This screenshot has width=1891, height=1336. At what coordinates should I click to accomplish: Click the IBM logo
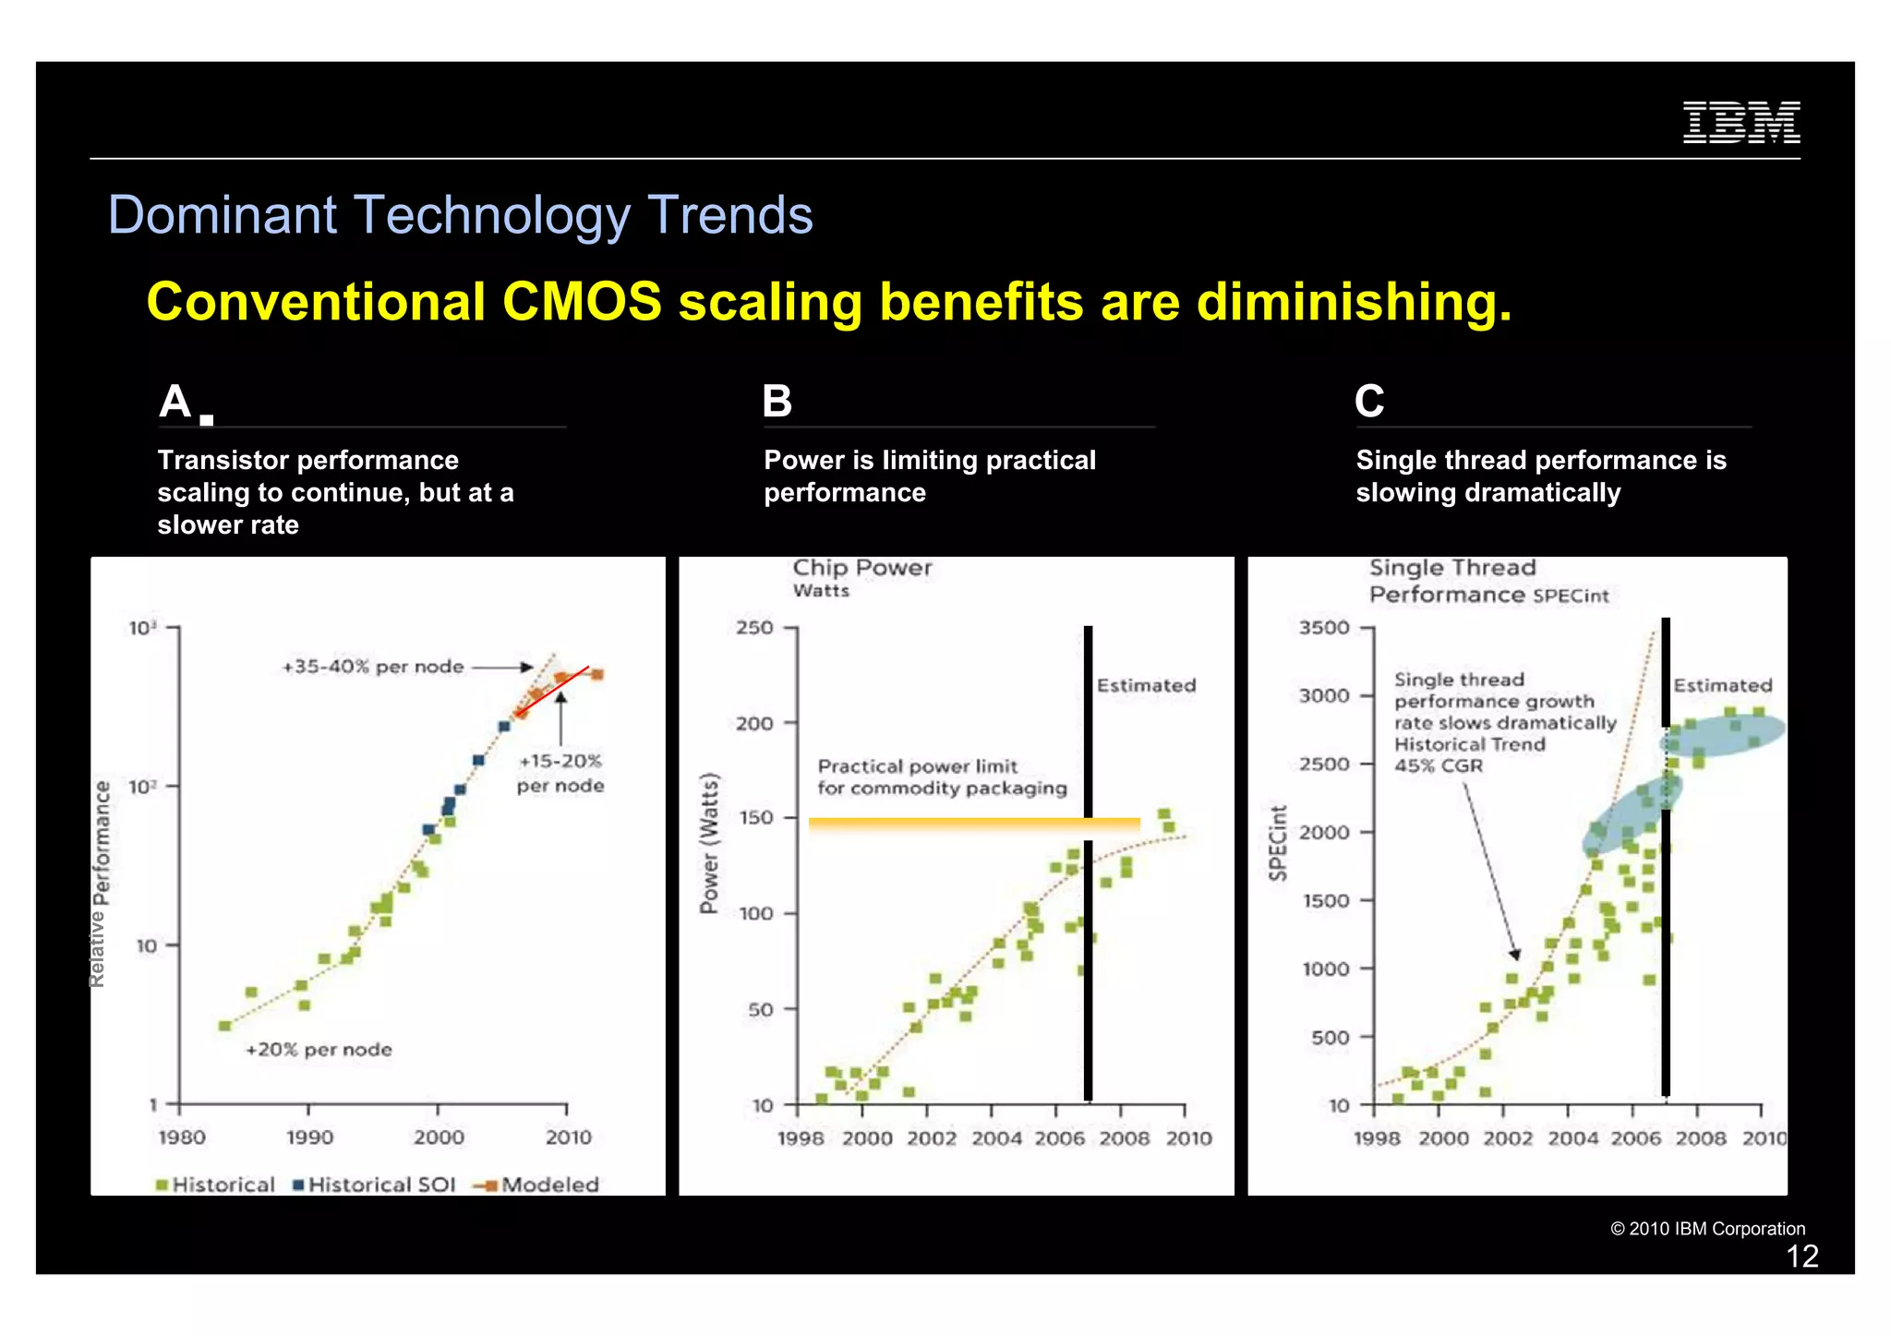tap(1740, 122)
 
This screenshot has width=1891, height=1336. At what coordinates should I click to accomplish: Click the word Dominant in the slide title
tap(223, 215)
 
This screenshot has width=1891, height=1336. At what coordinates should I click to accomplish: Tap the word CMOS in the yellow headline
tap(582, 302)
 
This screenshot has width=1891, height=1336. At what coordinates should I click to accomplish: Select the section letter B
tap(777, 402)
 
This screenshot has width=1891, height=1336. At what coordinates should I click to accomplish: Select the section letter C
tap(1369, 402)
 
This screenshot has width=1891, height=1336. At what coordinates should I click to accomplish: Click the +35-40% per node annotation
tap(373, 667)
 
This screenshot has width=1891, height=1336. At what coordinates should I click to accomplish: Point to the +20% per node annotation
tap(319, 1050)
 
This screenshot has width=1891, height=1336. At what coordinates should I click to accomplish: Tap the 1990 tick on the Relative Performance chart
tap(309, 1137)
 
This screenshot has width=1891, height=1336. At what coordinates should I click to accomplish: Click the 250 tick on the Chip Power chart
tap(754, 628)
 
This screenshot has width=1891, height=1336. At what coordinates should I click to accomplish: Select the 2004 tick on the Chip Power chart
tap(995, 1138)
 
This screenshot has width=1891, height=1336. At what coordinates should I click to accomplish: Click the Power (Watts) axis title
tap(709, 843)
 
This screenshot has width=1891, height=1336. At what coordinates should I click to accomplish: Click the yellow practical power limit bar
tap(973, 824)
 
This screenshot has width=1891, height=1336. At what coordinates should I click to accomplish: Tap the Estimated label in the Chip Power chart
tap(1146, 685)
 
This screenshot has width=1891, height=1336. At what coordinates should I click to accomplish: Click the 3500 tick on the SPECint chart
tap(1324, 628)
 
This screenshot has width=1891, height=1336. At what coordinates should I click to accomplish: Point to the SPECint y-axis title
tap(1278, 843)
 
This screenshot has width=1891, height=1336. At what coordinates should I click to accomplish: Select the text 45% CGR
tap(1438, 765)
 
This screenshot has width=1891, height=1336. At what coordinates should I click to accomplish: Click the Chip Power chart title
tap(861, 568)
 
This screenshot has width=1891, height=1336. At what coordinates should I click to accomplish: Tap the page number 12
tap(1801, 1257)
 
